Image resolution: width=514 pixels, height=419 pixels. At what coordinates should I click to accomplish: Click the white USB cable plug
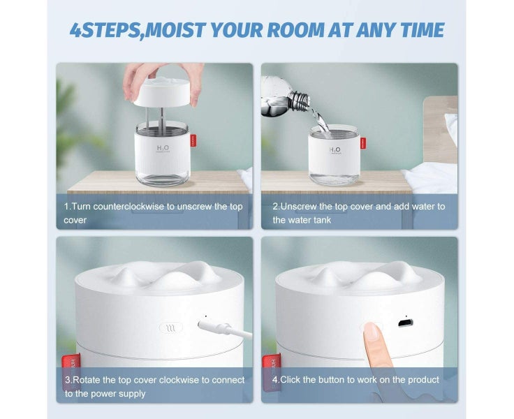pos(210,325)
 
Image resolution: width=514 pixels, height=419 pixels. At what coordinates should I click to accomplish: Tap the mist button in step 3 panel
pos(169,327)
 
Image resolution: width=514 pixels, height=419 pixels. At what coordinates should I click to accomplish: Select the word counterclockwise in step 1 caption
pos(128,207)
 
